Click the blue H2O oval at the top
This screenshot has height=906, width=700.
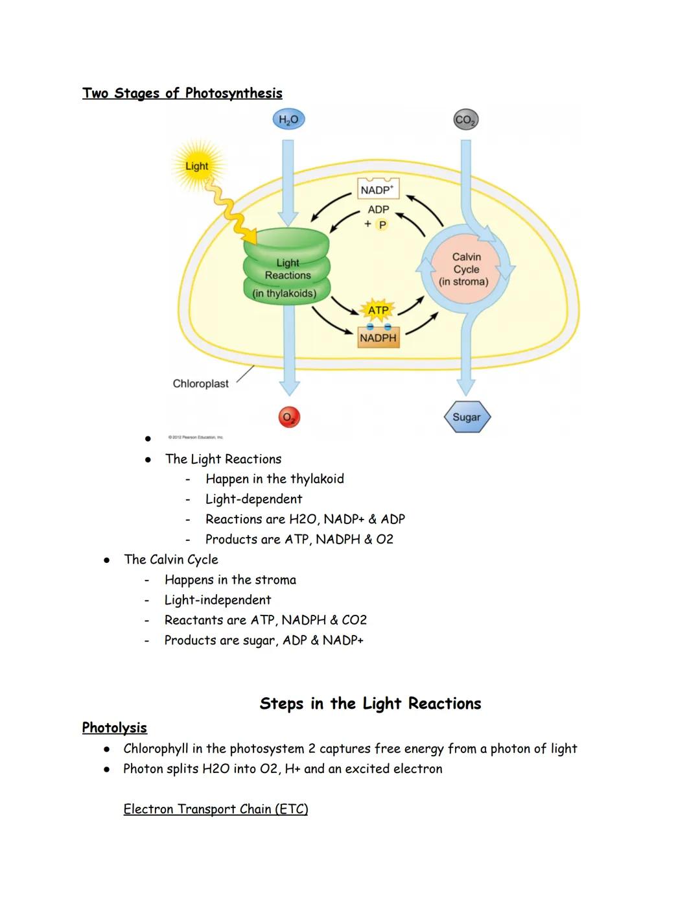[x=288, y=119]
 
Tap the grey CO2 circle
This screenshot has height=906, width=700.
[x=465, y=120]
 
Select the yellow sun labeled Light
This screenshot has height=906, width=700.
[x=197, y=166]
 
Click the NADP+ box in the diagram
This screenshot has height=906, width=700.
[x=378, y=189]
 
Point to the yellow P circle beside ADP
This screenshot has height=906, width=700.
[x=382, y=225]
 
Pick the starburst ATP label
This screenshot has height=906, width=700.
[x=378, y=310]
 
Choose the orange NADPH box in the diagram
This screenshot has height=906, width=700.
[x=378, y=338]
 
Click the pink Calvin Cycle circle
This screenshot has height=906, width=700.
[x=466, y=269]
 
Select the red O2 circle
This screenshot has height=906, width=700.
[x=289, y=417]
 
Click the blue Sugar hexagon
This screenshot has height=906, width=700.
[x=467, y=417]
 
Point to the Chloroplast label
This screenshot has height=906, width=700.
[x=200, y=383]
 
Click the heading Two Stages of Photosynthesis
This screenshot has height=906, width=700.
[x=182, y=93]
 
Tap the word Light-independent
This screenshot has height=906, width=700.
[x=218, y=600]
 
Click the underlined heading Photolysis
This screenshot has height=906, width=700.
[x=114, y=728]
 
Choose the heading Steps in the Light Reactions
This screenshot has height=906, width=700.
[x=370, y=704]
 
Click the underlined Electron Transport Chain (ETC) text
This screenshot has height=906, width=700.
[x=215, y=809]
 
